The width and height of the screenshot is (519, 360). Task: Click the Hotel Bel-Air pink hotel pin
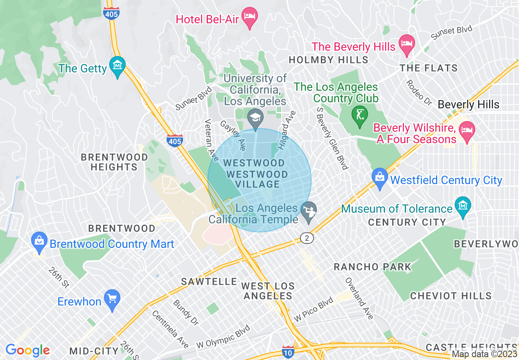250,17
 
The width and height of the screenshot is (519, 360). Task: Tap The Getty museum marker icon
117,66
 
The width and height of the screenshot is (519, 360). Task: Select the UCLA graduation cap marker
255,118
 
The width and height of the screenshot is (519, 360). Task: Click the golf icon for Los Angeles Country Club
360,115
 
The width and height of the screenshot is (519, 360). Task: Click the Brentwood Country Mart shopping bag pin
39,241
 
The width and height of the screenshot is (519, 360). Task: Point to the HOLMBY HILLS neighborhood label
328,60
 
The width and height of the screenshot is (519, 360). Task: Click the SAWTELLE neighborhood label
209,281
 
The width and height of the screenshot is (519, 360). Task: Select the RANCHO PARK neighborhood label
372,267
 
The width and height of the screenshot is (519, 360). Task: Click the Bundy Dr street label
185,313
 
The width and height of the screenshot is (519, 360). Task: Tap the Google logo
27,350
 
